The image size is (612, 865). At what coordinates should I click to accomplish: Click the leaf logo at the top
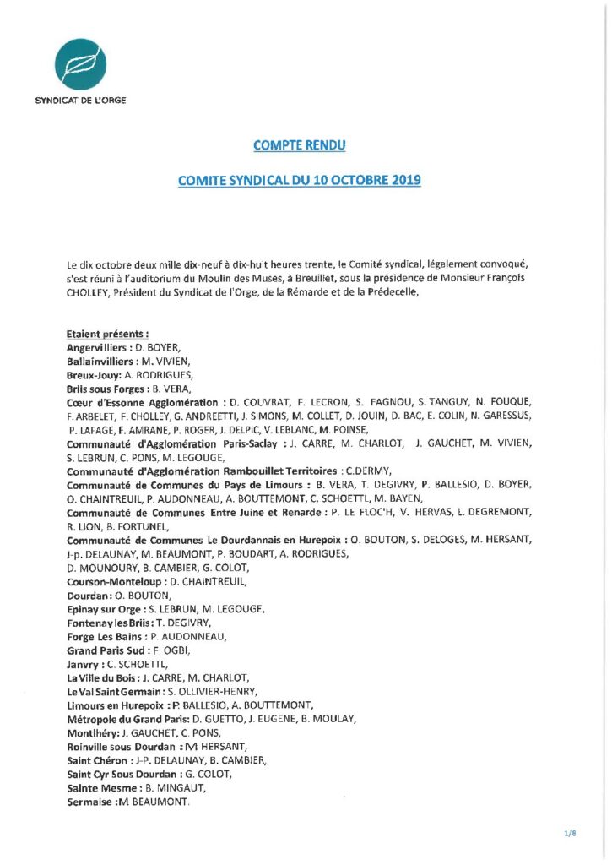[x=81, y=63]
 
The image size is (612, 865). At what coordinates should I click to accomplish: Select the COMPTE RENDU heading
[x=300, y=145]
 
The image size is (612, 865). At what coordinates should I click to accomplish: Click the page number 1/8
[x=570, y=834]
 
